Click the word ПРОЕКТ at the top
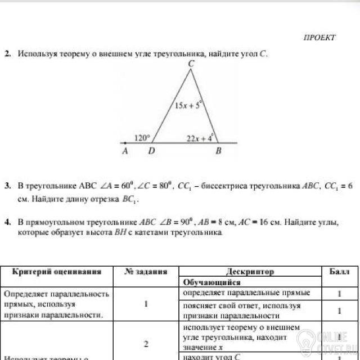point(319,38)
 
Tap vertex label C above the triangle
point(191,64)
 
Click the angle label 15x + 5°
point(187,105)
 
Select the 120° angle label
point(143,137)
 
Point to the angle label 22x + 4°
point(200,137)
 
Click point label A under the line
point(125,151)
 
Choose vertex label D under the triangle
point(150,151)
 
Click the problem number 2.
point(7,55)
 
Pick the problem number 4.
point(7,223)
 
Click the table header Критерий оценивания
point(57,271)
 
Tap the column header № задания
point(146,271)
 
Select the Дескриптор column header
point(250,271)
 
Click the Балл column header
point(339,271)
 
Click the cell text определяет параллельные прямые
point(247,293)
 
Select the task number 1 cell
point(146,304)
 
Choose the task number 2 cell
point(146,343)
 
